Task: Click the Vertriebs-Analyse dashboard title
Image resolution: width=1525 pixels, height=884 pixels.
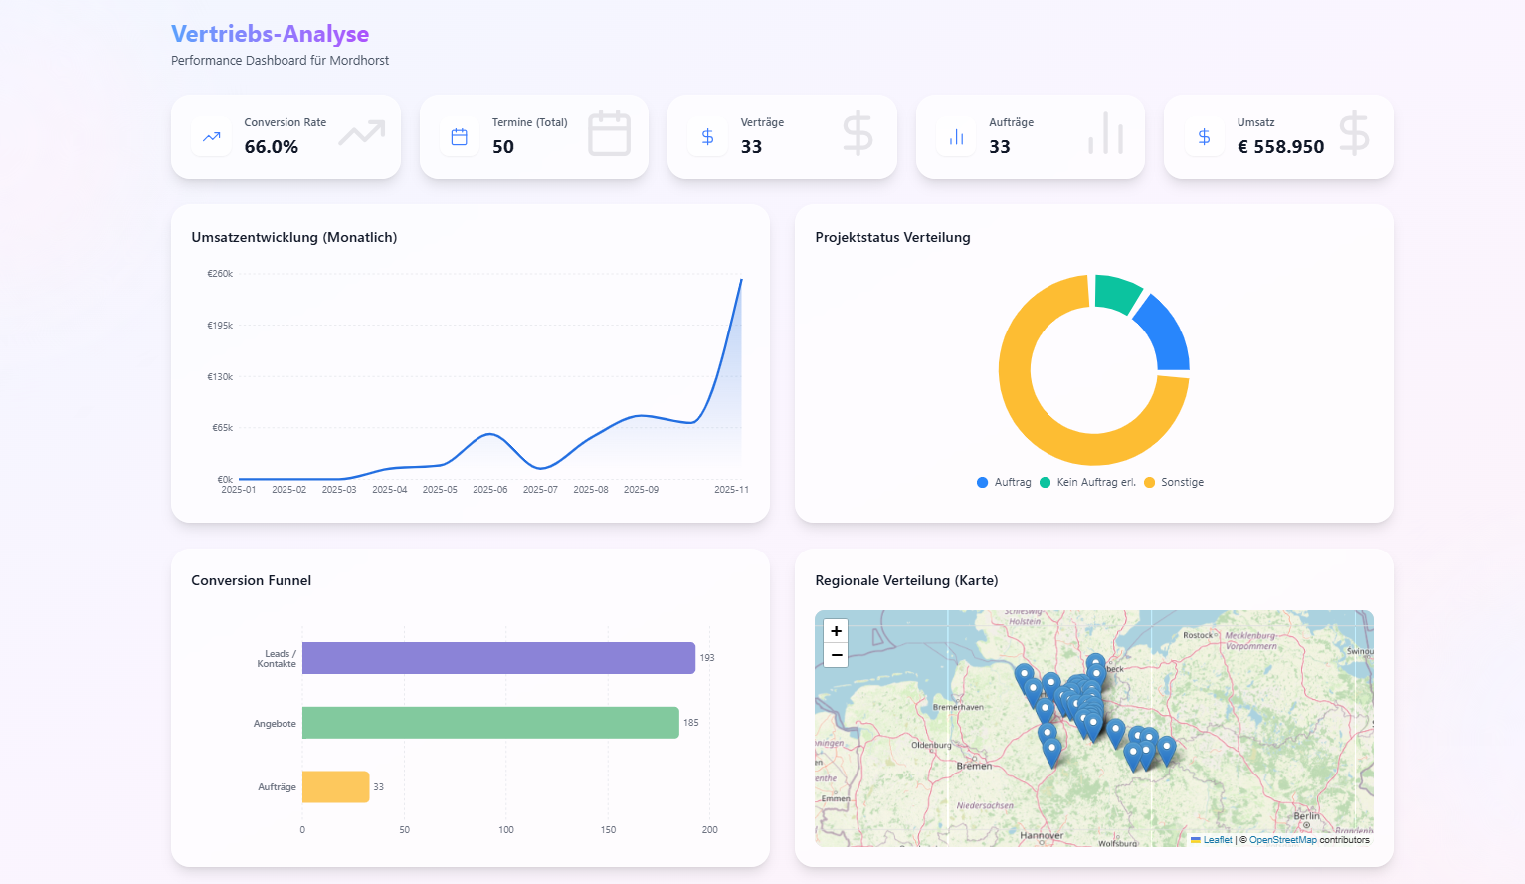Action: (270, 34)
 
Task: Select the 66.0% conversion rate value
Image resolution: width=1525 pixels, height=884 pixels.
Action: (272, 147)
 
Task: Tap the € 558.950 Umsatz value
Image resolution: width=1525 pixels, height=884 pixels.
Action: (1280, 147)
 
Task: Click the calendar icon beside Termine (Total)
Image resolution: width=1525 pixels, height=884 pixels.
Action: (460, 137)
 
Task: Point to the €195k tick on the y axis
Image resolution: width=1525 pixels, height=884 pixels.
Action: (220, 326)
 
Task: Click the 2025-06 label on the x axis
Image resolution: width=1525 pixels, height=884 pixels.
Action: (489, 490)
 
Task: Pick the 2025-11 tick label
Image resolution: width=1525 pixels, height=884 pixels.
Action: (731, 490)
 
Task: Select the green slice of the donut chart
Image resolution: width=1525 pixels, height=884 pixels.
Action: (1116, 293)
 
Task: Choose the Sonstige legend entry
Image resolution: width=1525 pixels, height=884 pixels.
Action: (1182, 482)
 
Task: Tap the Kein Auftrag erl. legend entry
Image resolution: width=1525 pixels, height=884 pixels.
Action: (1095, 482)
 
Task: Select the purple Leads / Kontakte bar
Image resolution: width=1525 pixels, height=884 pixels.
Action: (497, 658)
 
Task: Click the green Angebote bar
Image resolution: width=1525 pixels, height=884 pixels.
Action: (489, 723)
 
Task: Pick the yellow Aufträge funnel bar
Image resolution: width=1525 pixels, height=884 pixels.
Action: (335, 786)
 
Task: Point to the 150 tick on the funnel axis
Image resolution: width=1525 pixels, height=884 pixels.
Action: (608, 829)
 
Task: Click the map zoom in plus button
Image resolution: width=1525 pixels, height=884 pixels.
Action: (836, 631)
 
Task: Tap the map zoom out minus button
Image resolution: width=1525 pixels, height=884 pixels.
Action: (836, 655)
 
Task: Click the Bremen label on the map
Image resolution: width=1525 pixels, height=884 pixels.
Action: (974, 766)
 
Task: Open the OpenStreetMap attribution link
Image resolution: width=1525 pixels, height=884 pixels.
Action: (1282, 840)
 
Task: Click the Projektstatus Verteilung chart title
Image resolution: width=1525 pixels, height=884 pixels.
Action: (892, 237)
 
